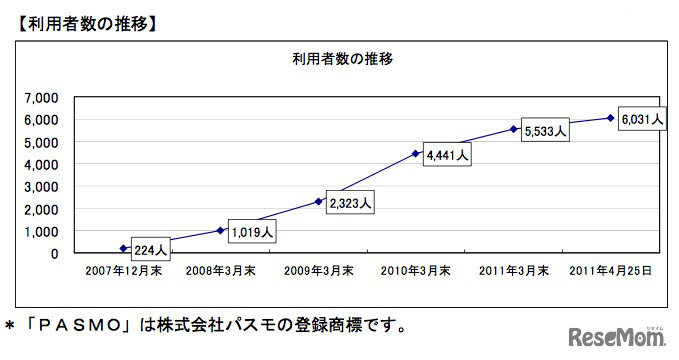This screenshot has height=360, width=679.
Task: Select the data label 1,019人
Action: pyautogui.click(x=251, y=230)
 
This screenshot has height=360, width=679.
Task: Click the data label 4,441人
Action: pyautogui.click(x=447, y=156)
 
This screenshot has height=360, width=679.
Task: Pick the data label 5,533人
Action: pyautogui.click(x=545, y=130)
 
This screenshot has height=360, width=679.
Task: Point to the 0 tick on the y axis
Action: pyautogui.click(x=53, y=254)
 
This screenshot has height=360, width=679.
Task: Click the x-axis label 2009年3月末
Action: pyautogui.click(x=319, y=270)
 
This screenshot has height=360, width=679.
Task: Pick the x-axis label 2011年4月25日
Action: pyautogui.click(x=611, y=270)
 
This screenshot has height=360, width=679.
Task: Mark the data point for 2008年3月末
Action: pyautogui.click(x=221, y=230)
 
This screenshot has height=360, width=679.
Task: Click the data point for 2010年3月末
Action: pyautogui.click(x=415, y=154)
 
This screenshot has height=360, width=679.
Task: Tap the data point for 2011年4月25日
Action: pyautogui.click(x=610, y=118)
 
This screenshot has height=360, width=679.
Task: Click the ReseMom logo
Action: pyautogui.click(x=616, y=335)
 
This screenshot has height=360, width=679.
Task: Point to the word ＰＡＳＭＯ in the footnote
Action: pyautogui.click(x=95, y=325)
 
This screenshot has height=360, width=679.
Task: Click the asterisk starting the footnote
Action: pyautogui.click(x=11, y=326)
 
